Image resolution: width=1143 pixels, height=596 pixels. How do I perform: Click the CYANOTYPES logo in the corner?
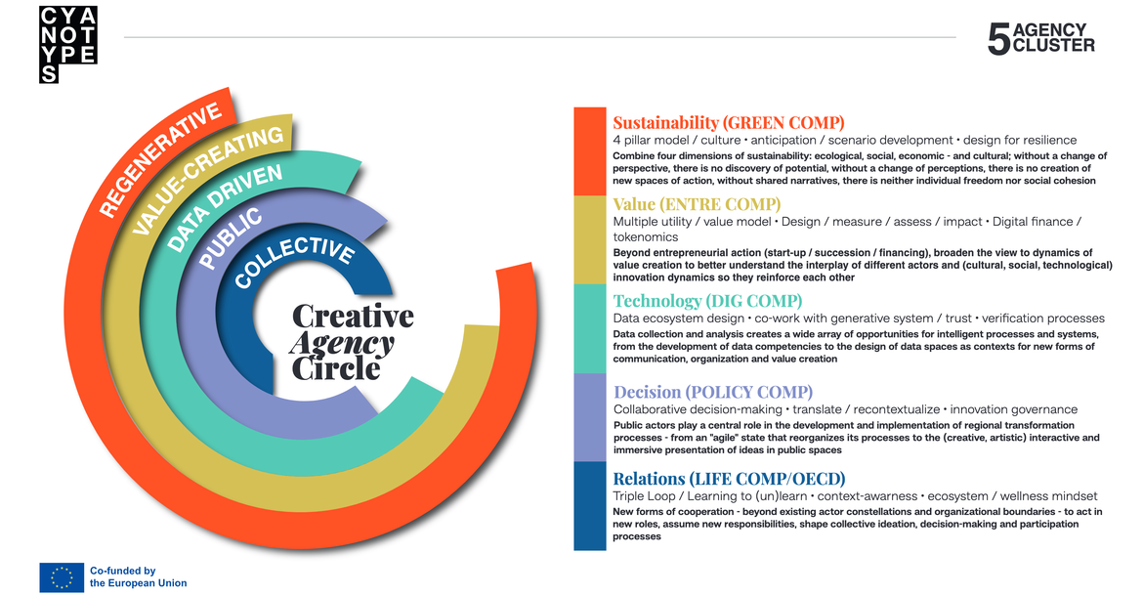pos(67,44)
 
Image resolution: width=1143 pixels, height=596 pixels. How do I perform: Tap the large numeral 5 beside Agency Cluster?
pos(998,39)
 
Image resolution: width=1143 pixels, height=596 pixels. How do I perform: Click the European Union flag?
pos(62,577)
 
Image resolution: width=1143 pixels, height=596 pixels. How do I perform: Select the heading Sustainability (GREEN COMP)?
pos(728,122)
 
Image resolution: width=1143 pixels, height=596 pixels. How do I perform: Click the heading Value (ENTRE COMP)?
pos(697,204)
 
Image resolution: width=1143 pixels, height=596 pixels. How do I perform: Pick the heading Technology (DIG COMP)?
pos(707,301)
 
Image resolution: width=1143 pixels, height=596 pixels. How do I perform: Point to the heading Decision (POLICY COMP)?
pos(713,392)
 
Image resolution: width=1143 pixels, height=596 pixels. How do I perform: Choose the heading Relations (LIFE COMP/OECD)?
pos(729,479)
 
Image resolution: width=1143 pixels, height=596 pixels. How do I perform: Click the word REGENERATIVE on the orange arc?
pos(159,159)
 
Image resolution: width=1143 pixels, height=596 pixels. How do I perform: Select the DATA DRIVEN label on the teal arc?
pos(224,207)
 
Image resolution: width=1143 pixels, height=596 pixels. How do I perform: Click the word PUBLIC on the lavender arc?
pos(231,237)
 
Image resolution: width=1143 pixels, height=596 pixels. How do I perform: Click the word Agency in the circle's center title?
pos(341,344)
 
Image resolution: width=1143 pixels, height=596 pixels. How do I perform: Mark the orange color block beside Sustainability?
pos(590,151)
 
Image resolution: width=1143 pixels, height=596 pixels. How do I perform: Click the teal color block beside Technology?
pos(590,328)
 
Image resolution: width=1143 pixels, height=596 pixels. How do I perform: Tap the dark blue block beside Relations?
pos(590,506)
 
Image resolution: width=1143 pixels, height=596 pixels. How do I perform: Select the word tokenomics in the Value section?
pos(646,236)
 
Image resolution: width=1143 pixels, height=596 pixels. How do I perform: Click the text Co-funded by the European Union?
pos(138,577)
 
